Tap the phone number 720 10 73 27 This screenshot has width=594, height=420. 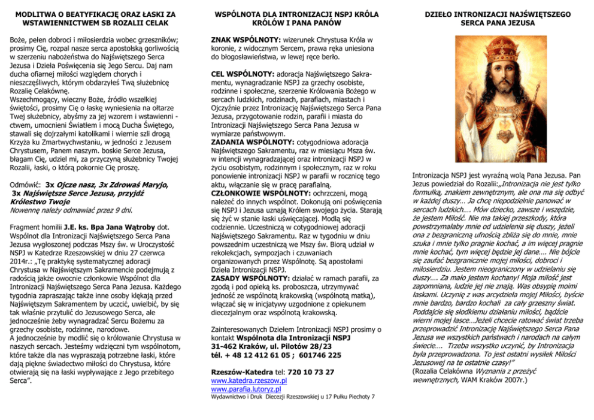[316, 371]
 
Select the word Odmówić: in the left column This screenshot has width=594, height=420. [26, 185]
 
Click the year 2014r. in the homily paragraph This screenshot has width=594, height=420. [23, 262]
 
